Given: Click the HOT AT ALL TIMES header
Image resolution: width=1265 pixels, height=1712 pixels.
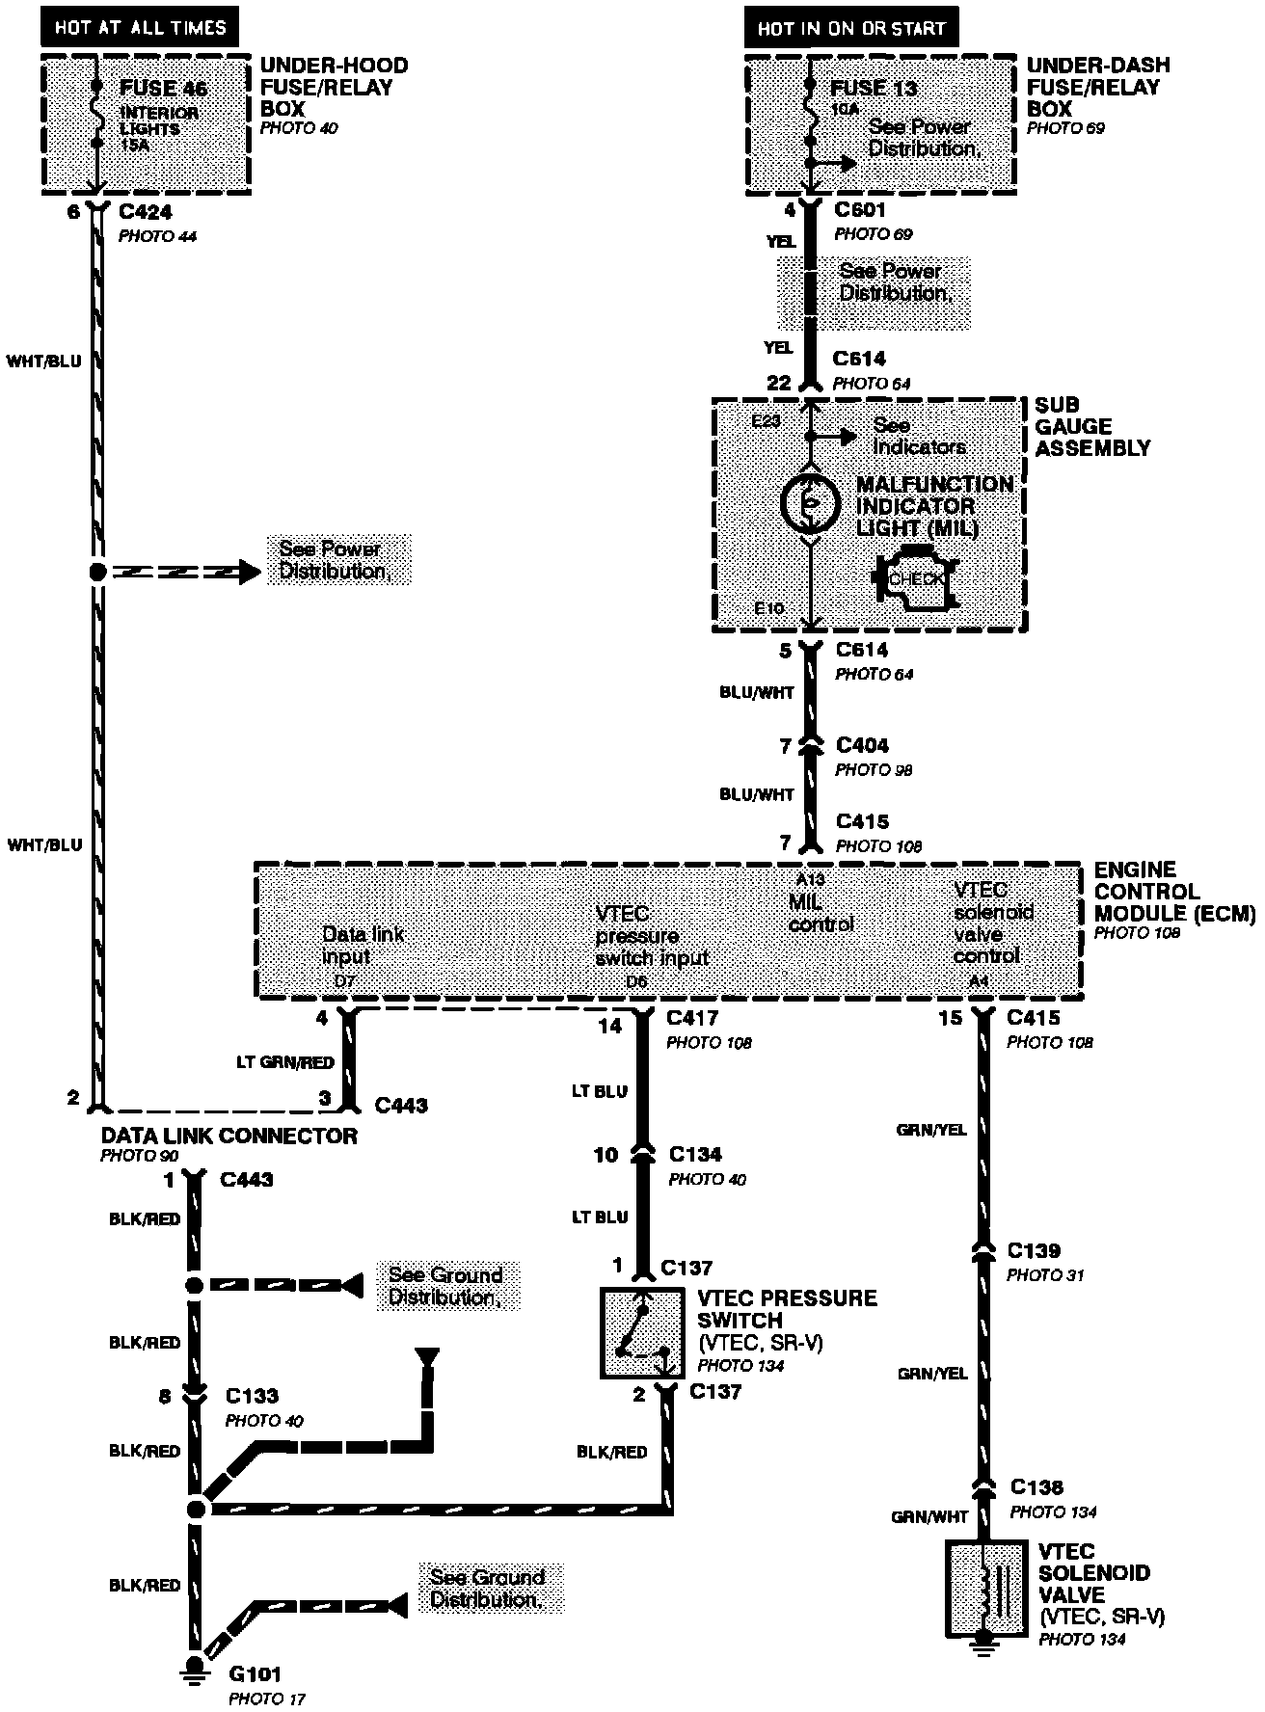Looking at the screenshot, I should (140, 27).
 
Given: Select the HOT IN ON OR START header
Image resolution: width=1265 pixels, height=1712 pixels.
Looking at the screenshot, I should (851, 28).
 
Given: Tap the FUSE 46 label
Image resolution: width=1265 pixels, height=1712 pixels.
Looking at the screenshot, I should (163, 88).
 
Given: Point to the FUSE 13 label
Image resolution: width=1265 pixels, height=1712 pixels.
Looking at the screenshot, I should (873, 88).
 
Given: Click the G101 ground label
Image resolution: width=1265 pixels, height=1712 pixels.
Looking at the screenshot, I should (256, 1674).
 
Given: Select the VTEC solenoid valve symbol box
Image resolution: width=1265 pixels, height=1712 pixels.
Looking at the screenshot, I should (982, 1588).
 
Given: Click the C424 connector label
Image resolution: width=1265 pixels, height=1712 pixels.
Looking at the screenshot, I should (145, 212).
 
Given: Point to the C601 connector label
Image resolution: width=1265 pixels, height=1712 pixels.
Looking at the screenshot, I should (860, 210).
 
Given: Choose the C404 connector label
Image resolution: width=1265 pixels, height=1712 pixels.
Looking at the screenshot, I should (862, 745).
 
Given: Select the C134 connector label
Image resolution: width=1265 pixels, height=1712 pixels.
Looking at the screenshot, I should (694, 1154).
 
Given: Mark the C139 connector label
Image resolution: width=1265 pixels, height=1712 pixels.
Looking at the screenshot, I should (1034, 1250).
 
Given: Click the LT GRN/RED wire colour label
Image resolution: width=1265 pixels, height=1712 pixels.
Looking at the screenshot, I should (285, 1062).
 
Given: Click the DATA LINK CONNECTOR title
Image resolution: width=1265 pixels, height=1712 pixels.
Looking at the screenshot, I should (229, 1136).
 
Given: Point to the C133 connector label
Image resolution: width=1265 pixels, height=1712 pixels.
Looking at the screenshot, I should (252, 1396).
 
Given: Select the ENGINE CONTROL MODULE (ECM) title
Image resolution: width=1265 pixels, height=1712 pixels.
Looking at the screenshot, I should (1173, 891).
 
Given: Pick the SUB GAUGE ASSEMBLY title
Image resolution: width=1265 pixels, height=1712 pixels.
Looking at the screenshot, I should (1091, 426).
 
